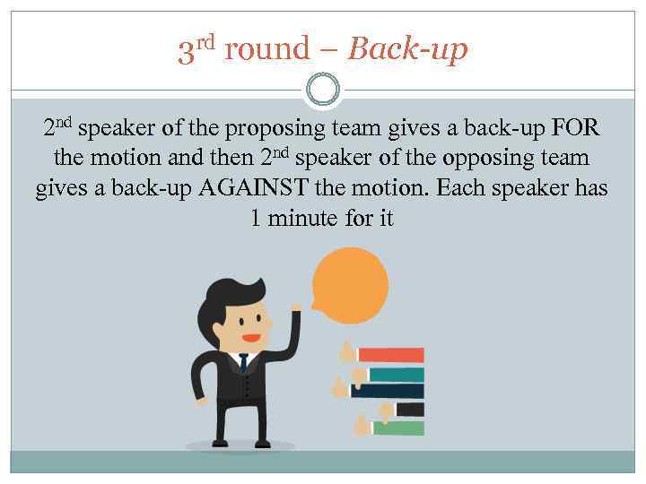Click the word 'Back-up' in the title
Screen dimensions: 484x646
407,50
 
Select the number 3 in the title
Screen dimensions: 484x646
186,52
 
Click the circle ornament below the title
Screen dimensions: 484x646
322,89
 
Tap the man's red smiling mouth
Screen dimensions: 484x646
251,338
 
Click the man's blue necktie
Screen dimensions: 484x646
243,364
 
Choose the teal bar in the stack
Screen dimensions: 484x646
396,374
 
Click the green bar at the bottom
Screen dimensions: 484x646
398,428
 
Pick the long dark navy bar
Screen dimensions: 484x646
388,390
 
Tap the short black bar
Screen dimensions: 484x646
410,409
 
